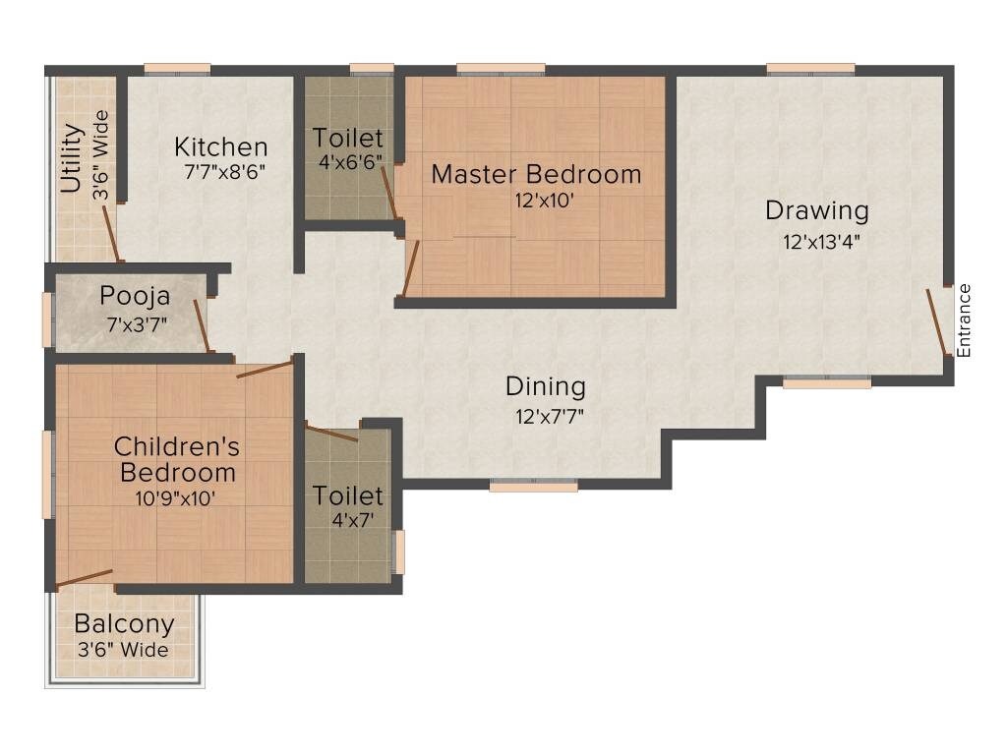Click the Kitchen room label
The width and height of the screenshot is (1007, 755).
point(220,147)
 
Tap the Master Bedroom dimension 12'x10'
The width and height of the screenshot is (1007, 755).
point(536,200)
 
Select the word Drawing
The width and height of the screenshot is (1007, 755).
point(817,210)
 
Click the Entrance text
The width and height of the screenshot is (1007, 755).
point(965,320)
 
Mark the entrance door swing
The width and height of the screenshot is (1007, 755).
point(938,321)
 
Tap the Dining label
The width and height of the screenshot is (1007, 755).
point(545,386)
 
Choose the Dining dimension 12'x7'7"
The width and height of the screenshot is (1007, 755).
point(550,415)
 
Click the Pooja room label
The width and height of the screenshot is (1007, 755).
point(135,296)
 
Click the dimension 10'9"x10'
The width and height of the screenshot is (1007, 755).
point(175,497)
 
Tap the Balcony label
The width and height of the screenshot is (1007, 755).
point(124,623)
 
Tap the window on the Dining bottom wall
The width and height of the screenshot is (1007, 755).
point(533,485)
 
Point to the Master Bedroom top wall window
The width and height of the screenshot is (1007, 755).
point(501,69)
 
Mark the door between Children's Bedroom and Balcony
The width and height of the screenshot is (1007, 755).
point(84,578)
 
